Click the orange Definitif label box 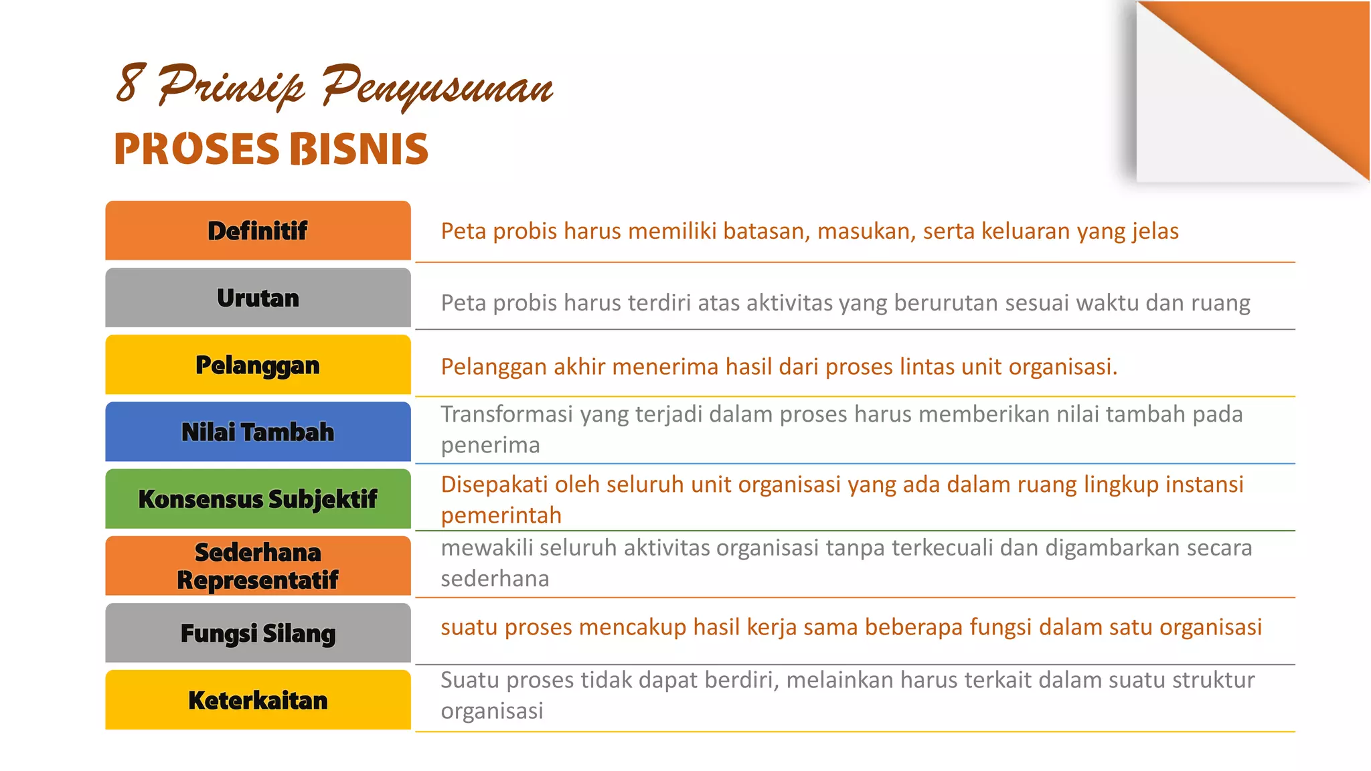click(x=258, y=230)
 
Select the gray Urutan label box click(x=258, y=298)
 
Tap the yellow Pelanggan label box click(x=258, y=365)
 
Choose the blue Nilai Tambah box click(x=258, y=432)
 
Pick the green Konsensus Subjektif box click(x=258, y=499)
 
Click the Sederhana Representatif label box click(x=258, y=566)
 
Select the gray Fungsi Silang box click(x=258, y=633)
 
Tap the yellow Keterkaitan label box click(x=258, y=700)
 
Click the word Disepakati click(x=494, y=484)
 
